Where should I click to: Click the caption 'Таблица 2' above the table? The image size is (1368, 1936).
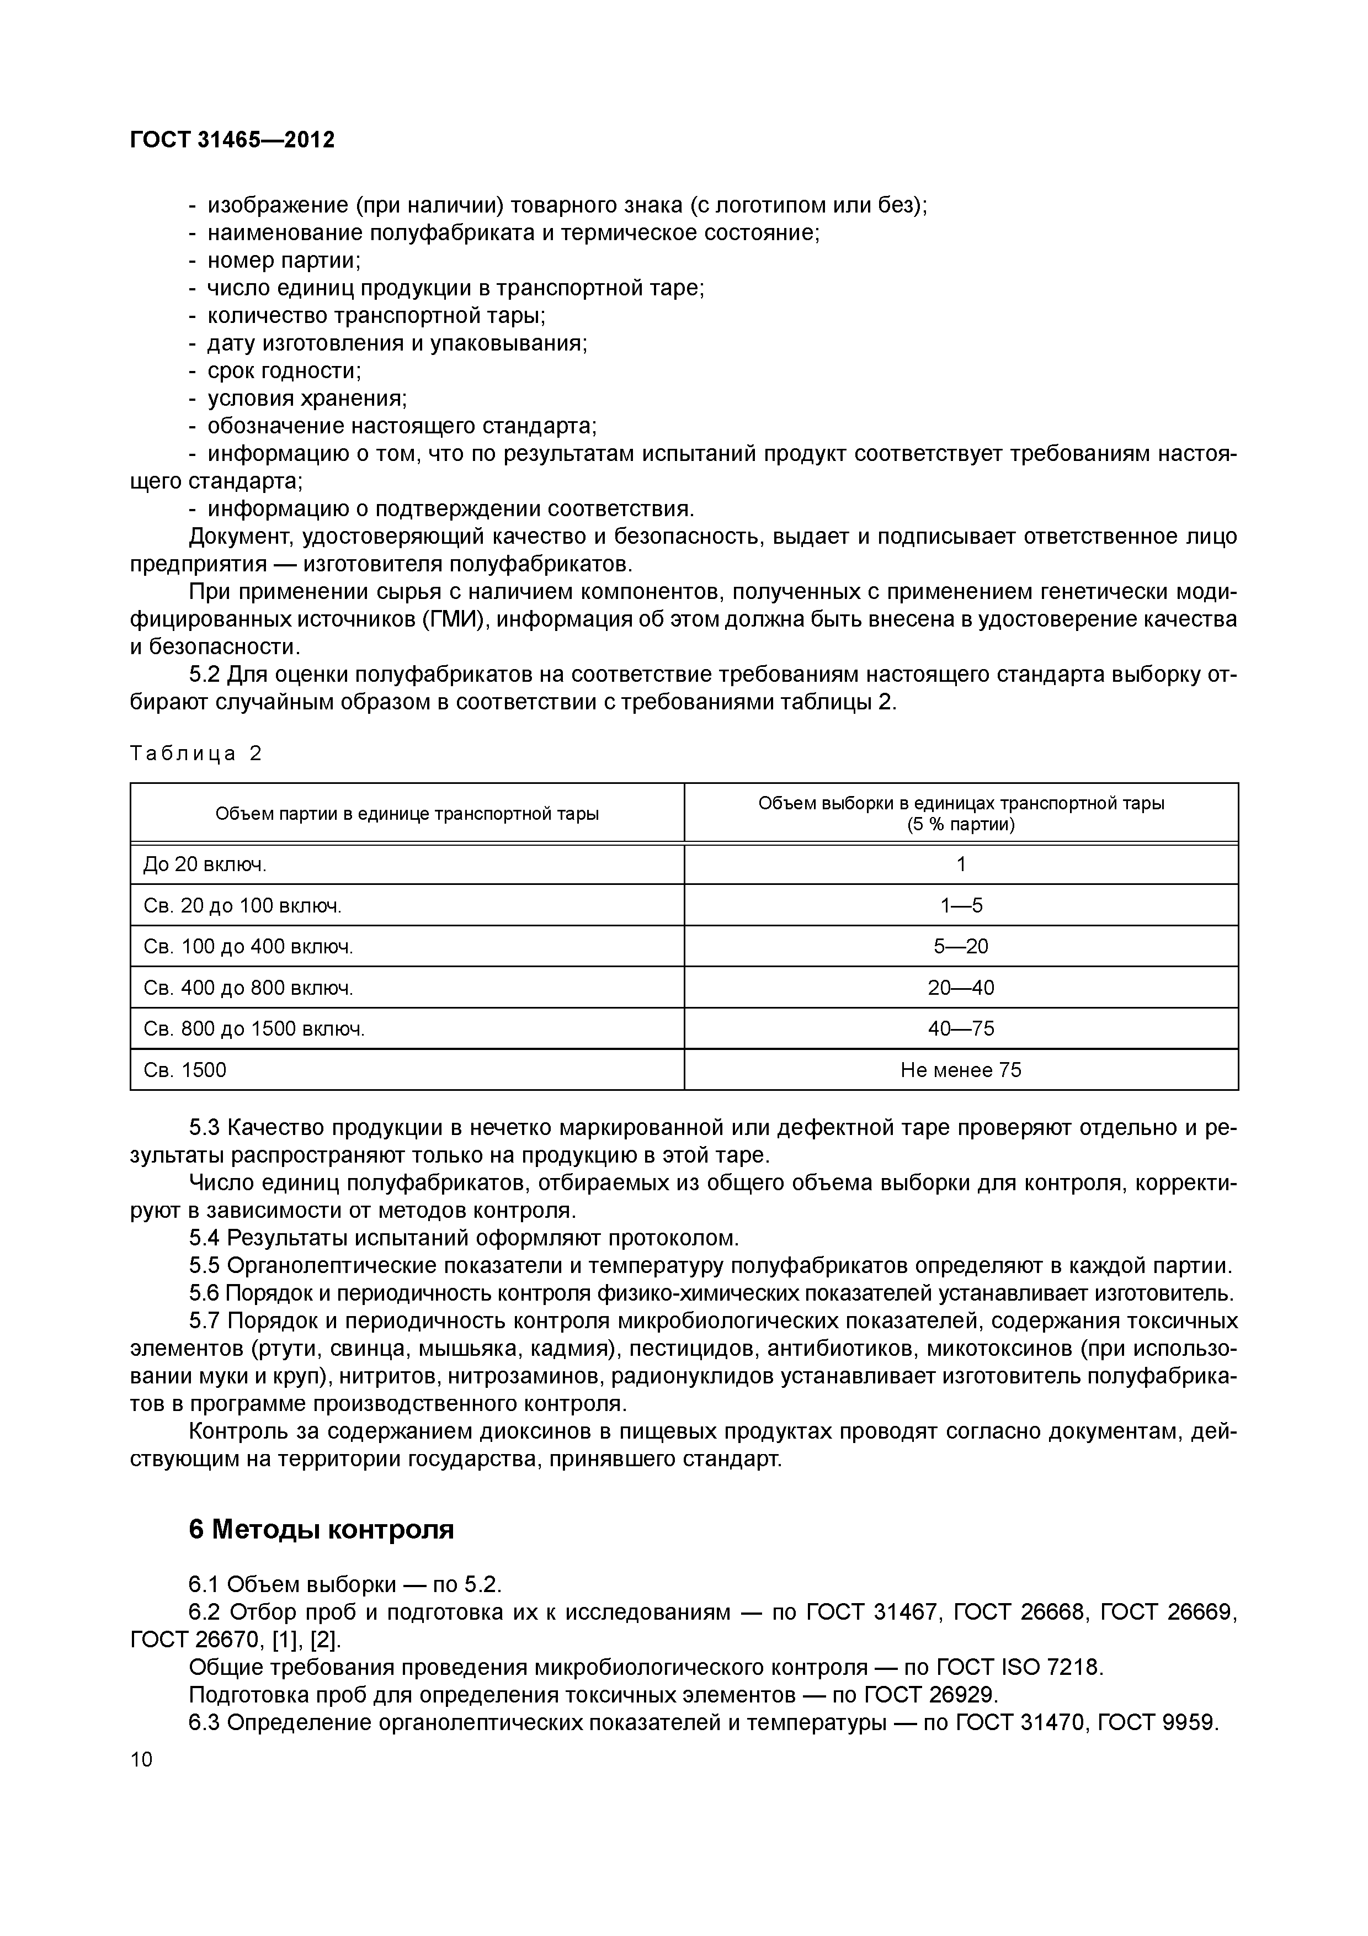coord(195,753)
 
